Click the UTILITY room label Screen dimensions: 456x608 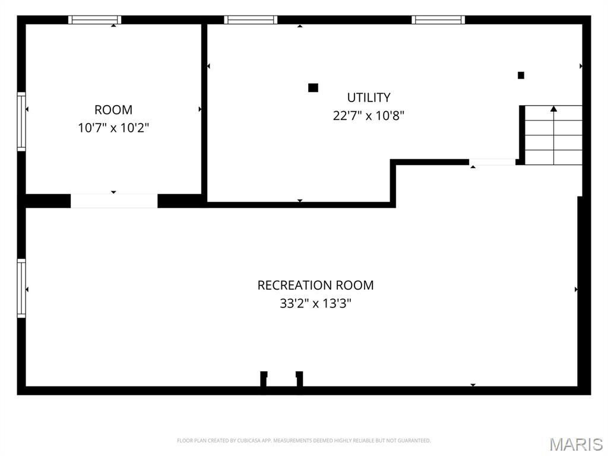pos(369,97)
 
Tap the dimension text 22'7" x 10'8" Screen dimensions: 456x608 pos(369,115)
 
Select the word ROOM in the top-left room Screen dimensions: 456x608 pos(113,110)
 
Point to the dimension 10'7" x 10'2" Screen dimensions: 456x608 pos(113,128)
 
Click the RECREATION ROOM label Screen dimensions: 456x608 pos(315,285)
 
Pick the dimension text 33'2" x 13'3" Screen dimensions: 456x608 pos(315,303)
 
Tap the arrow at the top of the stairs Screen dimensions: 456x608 pos(553,109)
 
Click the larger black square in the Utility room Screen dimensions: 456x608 pos(313,88)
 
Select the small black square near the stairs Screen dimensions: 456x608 pos(521,75)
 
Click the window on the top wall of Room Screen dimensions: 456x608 pos(95,20)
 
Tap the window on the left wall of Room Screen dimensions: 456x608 pos(21,122)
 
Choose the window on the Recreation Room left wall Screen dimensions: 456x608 pos(21,289)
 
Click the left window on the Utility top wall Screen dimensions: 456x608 pos(251,20)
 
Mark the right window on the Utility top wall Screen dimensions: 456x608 pos(438,20)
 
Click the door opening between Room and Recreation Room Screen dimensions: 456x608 pos(114,201)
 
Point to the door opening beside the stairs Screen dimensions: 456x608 pos(492,162)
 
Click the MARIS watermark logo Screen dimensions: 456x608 pos(575,444)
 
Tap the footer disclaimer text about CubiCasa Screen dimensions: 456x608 pos(303,441)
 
